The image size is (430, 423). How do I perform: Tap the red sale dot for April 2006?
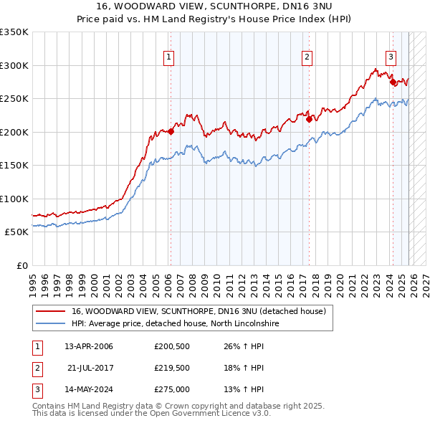click(x=171, y=131)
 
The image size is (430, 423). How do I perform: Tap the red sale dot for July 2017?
click(x=309, y=119)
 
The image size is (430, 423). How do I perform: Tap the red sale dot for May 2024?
click(x=393, y=82)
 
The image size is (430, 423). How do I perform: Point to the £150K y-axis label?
click(x=14, y=166)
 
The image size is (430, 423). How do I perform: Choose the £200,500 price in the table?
click(x=171, y=346)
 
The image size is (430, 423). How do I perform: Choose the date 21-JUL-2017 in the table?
click(x=90, y=368)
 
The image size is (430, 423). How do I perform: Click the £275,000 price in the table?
click(x=171, y=390)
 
